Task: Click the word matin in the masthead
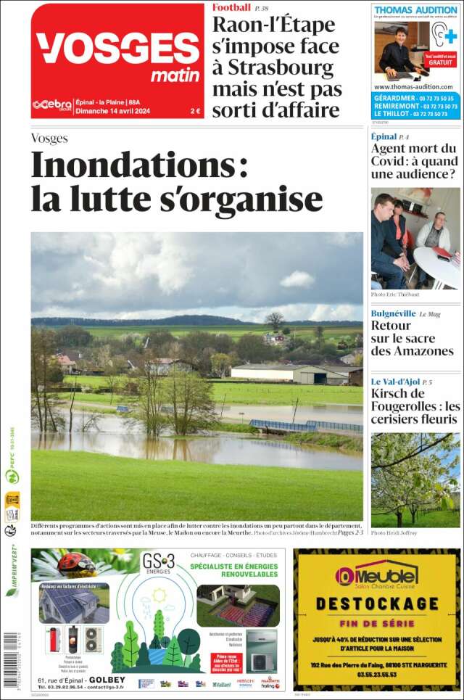(175, 75)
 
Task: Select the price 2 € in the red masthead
(195, 111)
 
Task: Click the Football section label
(231, 7)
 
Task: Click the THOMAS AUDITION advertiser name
(415, 10)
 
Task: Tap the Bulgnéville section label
(393, 313)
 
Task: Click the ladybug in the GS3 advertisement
(77, 564)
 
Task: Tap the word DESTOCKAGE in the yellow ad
(376, 604)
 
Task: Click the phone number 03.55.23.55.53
(376, 674)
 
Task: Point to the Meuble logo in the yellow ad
(376, 576)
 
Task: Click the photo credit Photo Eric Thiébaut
(395, 295)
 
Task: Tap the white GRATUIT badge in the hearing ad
(440, 61)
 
